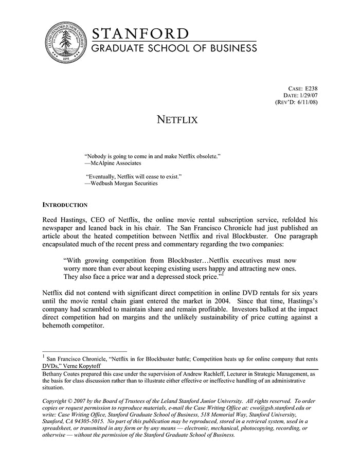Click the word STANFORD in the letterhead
pos(140,34)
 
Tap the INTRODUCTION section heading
pos(65,204)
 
